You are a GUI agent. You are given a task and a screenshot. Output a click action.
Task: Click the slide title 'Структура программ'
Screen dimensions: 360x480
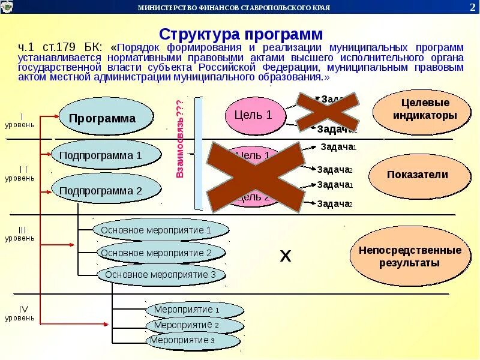pos(241,34)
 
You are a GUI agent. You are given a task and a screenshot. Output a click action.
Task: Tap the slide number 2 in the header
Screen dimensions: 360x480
pos(472,7)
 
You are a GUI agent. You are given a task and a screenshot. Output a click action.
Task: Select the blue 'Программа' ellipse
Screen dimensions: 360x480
pos(103,118)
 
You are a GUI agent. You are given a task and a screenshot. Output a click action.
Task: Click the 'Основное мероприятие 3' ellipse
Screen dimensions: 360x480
pos(161,274)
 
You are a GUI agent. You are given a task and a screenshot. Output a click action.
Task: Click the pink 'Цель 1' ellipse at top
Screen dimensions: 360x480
pos(253,115)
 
